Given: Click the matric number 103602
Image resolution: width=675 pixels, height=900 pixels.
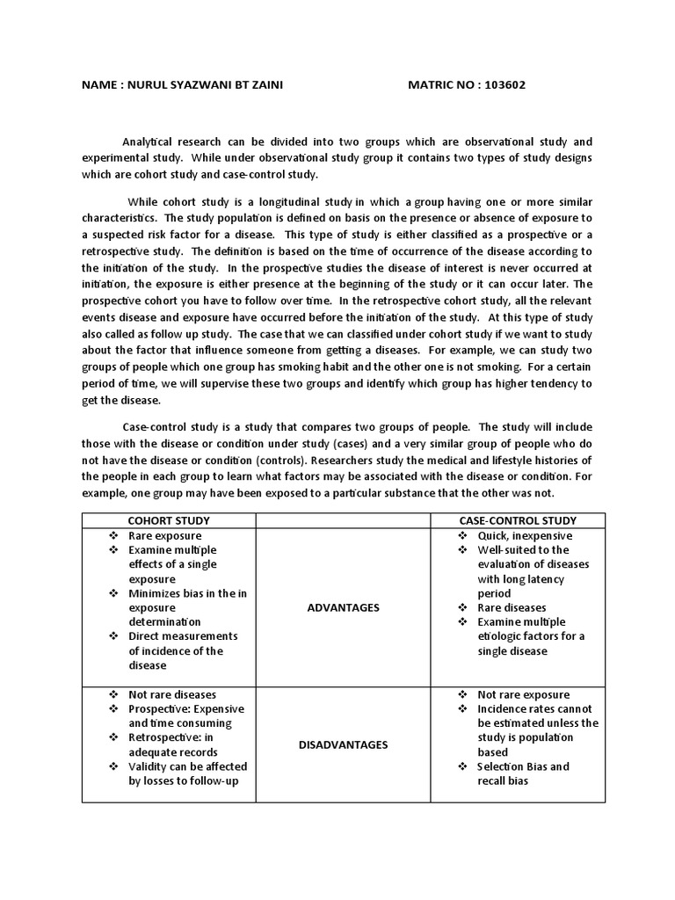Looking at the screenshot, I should pos(503,85).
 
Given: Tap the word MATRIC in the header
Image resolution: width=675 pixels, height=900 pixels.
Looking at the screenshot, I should pos(432,85).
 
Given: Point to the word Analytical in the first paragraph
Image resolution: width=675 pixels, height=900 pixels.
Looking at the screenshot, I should pos(150,142).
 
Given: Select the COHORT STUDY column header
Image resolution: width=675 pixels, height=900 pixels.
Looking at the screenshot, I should pos(168,520).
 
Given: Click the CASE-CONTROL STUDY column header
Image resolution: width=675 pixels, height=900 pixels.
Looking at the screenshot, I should pos(518,520).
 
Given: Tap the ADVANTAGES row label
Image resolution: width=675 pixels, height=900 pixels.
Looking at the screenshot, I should pos(343,607).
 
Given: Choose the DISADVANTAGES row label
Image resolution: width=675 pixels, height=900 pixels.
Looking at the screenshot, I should pos(343,744).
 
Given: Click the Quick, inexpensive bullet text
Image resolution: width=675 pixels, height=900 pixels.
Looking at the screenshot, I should pos(525,535).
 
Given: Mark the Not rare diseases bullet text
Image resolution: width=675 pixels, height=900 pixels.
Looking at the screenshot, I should pos(172,694).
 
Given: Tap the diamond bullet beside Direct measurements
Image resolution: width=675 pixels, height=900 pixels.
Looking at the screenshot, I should pos(112,635).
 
